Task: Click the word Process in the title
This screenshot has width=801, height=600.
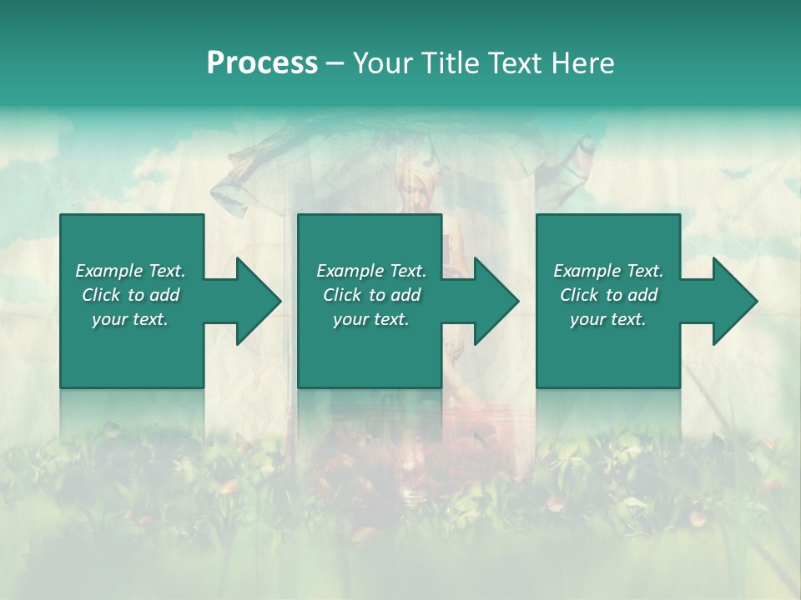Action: point(262,63)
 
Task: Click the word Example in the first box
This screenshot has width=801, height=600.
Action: point(108,271)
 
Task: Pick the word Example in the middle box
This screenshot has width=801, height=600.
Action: point(350,271)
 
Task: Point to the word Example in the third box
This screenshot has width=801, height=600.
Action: point(587,271)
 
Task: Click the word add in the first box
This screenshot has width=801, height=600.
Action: point(164,295)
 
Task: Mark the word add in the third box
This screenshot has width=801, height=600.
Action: point(642,295)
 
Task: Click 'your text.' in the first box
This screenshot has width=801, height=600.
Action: point(130,319)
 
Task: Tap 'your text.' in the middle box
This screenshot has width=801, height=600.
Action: point(370,319)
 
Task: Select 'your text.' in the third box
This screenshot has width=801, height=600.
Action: point(608,319)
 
